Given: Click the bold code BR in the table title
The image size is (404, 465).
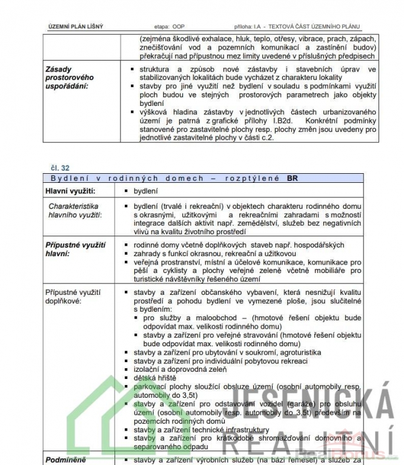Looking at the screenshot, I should [293, 178].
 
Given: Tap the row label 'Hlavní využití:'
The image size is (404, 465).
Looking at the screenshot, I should [70, 191].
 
